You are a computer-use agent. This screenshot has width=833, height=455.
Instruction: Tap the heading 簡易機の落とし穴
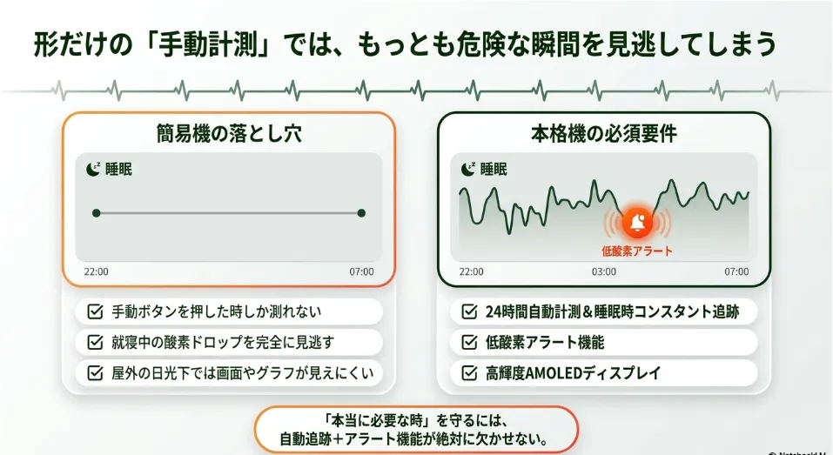pyautogui.click(x=229, y=133)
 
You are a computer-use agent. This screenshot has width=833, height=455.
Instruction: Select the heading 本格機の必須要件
pyautogui.click(x=604, y=133)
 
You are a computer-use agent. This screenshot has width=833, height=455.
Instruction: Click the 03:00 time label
pyautogui.click(x=604, y=271)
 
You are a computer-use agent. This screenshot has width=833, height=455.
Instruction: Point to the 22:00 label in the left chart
pyautogui.click(x=96, y=271)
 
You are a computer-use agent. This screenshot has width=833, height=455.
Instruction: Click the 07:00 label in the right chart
pyautogui.click(x=737, y=271)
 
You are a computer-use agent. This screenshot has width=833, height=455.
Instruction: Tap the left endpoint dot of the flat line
pyautogui.click(x=96, y=213)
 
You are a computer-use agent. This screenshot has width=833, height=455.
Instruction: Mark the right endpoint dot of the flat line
pyautogui.click(x=361, y=213)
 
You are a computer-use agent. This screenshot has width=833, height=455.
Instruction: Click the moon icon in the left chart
pyautogui.click(x=93, y=169)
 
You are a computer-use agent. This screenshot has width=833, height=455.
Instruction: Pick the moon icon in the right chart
pyautogui.click(x=468, y=169)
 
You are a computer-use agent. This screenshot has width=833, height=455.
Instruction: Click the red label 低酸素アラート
pyautogui.click(x=637, y=251)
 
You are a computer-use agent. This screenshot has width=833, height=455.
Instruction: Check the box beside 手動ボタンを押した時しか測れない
pyautogui.click(x=95, y=311)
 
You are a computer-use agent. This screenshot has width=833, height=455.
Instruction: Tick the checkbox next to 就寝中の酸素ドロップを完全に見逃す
pyautogui.click(x=95, y=342)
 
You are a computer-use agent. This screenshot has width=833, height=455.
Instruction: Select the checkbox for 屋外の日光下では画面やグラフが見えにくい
pyautogui.click(x=95, y=372)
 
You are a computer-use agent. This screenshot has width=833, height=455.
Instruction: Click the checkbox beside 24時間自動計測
pyautogui.click(x=469, y=311)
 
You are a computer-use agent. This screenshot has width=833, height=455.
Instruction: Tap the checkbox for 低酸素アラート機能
pyautogui.click(x=469, y=342)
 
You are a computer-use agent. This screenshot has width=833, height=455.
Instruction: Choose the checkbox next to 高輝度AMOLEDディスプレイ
pyautogui.click(x=469, y=372)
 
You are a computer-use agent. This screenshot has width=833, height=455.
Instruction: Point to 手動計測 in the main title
pyautogui.click(x=209, y=44)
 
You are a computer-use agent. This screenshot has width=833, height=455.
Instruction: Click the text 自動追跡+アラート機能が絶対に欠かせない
pyautogui.click(x=413, y=439)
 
